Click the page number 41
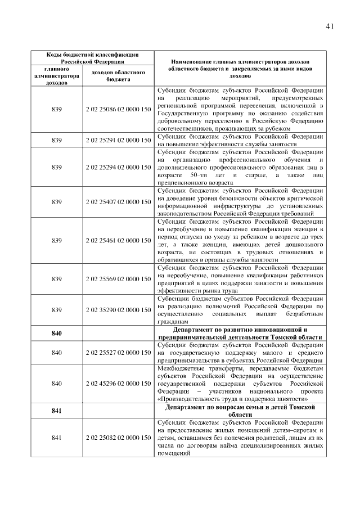330,26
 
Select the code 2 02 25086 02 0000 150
118,109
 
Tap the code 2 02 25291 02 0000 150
118,140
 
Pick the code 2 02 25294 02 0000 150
118,167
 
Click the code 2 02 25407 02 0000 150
118,202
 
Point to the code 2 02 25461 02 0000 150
118,241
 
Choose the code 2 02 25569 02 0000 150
118,279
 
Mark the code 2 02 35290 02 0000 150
118,310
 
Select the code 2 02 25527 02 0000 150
118,353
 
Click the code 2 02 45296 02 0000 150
118,384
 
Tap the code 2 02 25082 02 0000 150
118,438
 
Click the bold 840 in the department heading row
56,334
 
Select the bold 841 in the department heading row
56,411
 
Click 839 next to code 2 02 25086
56,109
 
